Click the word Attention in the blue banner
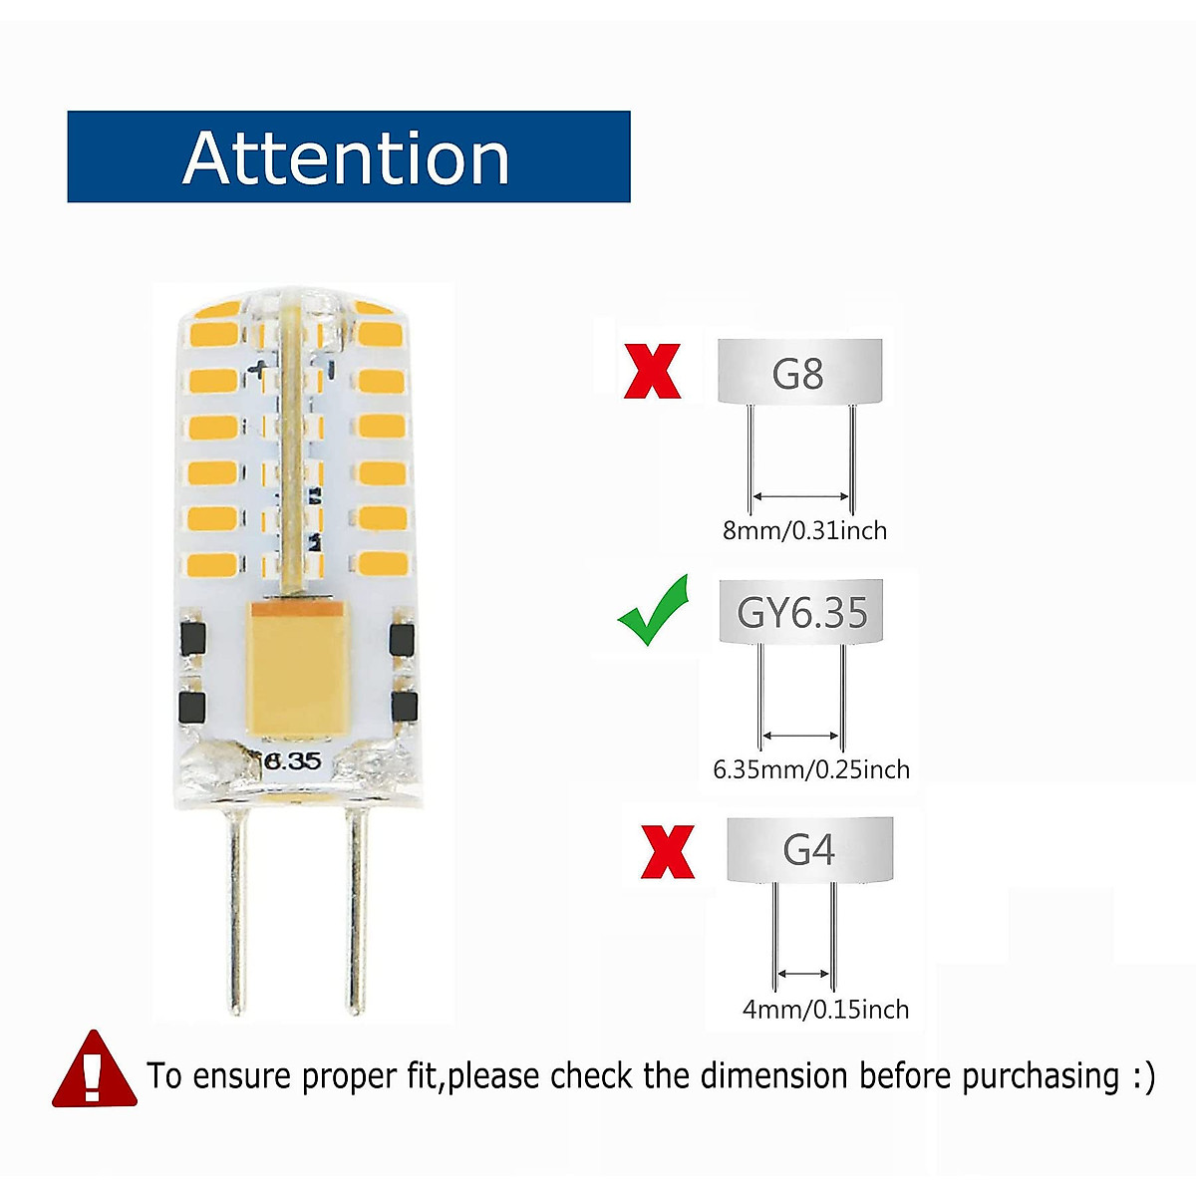[346, 157]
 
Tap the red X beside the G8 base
[653, 371]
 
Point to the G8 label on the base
[797, 374]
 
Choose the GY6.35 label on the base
[802, 612]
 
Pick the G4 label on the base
[808, 850]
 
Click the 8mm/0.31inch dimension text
[804, 530]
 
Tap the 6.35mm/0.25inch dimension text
[811, 769]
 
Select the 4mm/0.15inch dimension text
[825, 1010]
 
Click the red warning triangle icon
[94, 1071]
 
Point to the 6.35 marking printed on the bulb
[293, 761]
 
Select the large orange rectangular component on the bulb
[294, 668]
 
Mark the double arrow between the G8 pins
[800, 495]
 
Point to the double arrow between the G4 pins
[803, 974]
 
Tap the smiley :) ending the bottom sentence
[1143, 1076]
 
